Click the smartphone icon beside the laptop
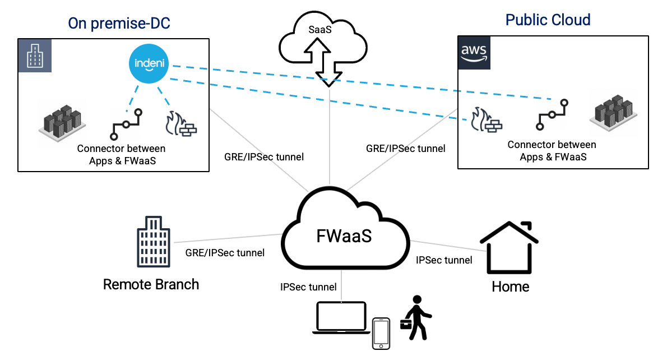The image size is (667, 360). tap(381, 334)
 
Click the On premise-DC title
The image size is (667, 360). tap(119, 23)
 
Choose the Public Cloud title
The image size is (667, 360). tap(548, 20)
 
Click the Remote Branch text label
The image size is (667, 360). tap(151, 284)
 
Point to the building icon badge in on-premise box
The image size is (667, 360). tap(35, 56)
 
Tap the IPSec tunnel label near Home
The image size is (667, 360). tap(444, 260)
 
